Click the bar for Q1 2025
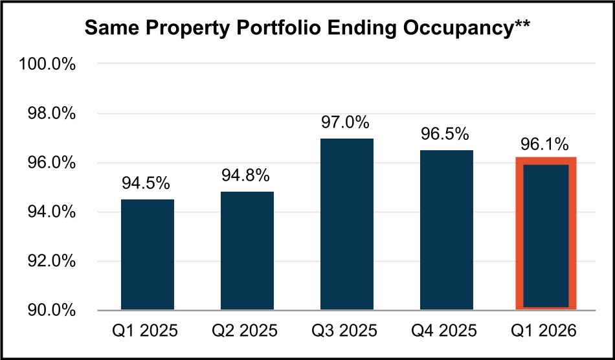(x=147, y=254)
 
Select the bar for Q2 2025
(x=247, y=251)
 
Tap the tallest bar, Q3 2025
(x=346, y=224)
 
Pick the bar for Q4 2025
(x=446, y=230)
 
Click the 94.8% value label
(x=246, y=176)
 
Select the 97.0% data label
(x=346, y=122)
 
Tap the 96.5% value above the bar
(x=445, y=135)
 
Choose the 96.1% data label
(x=545, y=144)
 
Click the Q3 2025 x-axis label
(x=346, y=331)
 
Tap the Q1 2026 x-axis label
(x=546, y=331)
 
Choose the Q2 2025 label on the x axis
(x=247, y=331)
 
